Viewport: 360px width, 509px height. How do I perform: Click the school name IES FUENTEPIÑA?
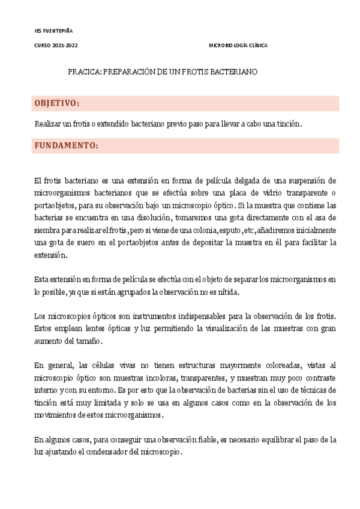(x=53, y=31)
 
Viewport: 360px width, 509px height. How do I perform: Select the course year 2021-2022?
(x=65, y=46)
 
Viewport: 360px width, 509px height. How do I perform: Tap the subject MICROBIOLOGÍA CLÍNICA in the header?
(x=238, y=46)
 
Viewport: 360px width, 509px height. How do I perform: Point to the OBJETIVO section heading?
(x=57, y=103)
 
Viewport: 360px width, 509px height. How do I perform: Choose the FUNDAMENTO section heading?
(x=66, y=146)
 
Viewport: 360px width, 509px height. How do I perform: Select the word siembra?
(x=47, y=230)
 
